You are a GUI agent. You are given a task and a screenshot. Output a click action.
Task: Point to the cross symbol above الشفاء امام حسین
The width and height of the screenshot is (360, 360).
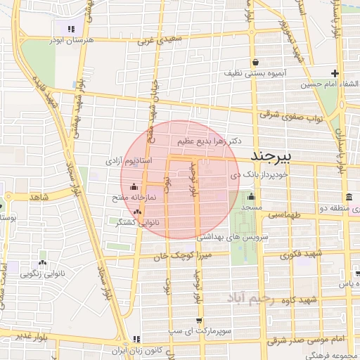pyautogui.click(x=335, y=73)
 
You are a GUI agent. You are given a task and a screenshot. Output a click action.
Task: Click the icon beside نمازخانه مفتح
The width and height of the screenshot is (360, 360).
pyautogui.click(x=135, y=186)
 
